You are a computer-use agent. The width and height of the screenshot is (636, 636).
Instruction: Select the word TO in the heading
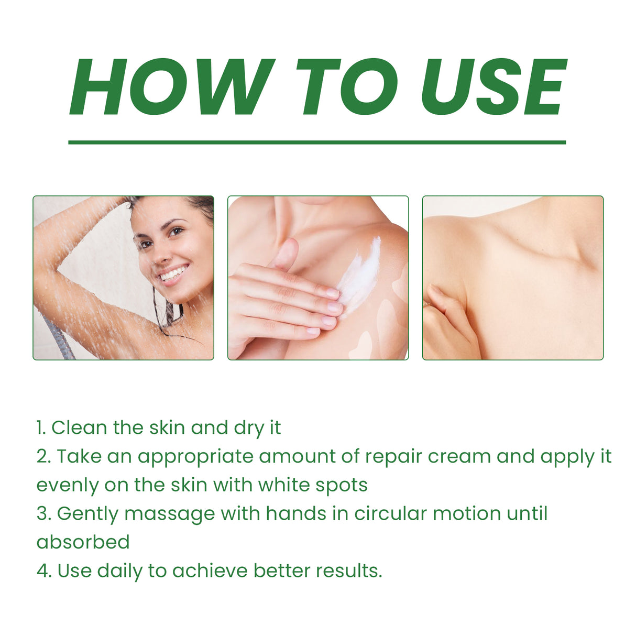tap(346, 87)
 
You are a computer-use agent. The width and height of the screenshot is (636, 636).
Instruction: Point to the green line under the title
tap(317, 142)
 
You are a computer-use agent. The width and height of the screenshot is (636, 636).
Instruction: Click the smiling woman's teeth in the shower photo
tap(173, 273)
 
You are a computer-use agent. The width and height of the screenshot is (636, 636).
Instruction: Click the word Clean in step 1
tap(79, 427)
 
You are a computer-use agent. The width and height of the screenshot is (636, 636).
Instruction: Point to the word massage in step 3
tap(170, 514)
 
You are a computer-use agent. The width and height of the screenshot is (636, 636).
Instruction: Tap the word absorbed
tap(83, 542)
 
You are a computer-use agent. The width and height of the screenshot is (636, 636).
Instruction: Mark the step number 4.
tap(42, 571)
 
